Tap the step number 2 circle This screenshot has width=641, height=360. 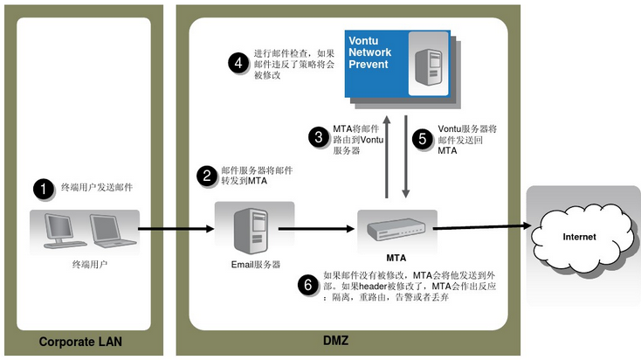(208, 176)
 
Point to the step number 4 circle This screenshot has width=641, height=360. (237, 62)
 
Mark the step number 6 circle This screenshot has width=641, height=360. (306, 285)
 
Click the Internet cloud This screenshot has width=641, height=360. (579, 234)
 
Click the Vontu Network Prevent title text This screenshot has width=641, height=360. (370, 53)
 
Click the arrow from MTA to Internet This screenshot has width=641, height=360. (483, 227)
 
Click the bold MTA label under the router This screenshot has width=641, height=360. (396, 258)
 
